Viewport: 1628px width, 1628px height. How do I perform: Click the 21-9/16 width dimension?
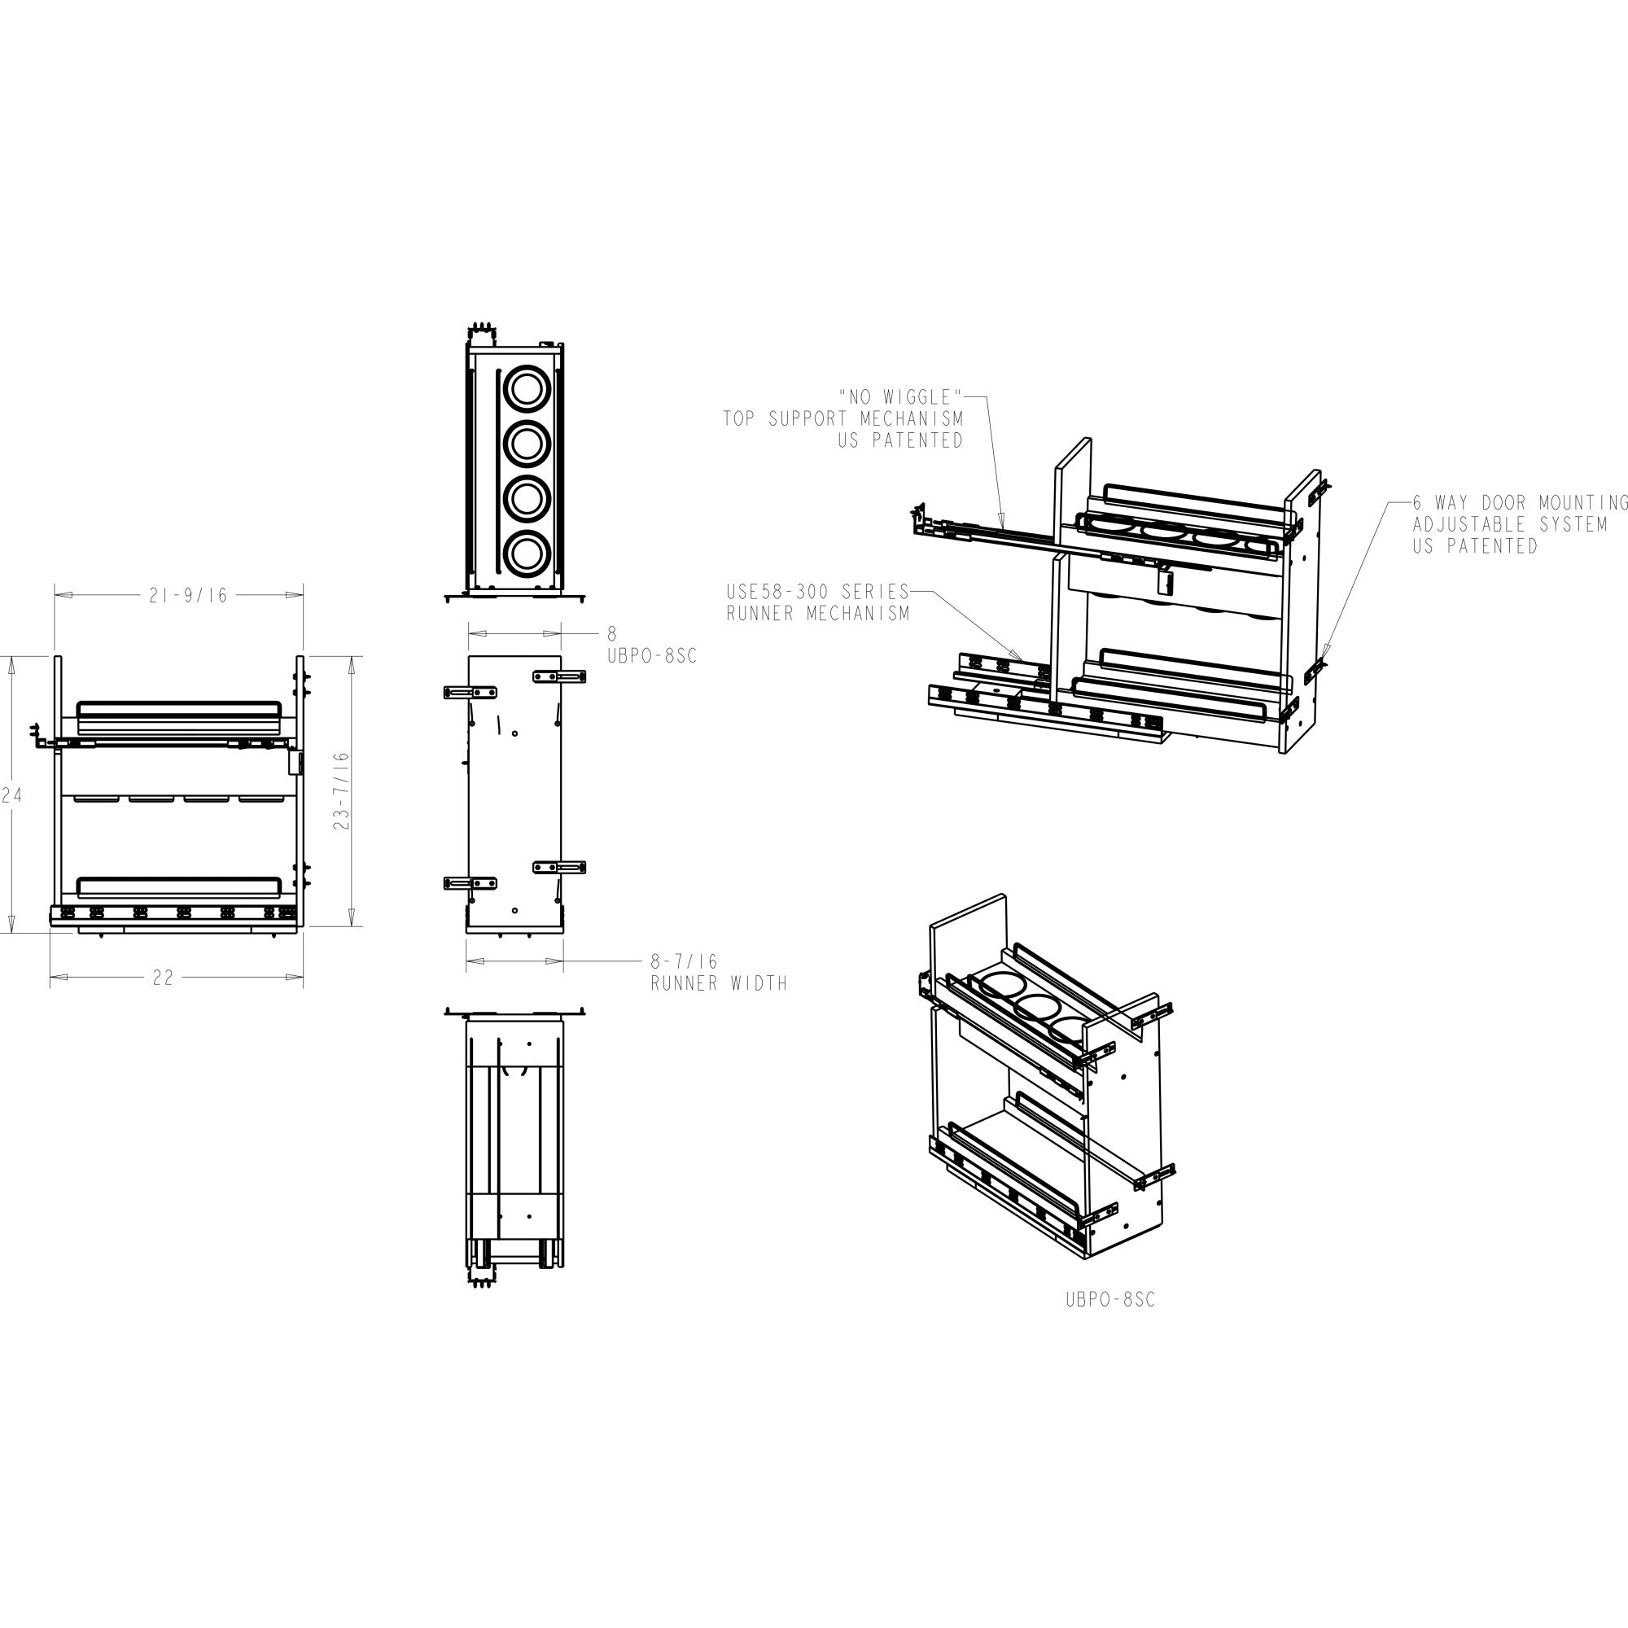pos(188,596)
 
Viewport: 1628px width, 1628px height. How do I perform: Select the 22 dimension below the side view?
pos(163,978)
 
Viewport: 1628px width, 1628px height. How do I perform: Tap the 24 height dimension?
pos(11,794)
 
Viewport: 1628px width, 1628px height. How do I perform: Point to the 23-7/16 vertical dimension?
pos(341,791)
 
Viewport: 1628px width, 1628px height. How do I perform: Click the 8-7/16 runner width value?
pos(684,961)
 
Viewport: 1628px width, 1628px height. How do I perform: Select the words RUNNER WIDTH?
pos(719,983)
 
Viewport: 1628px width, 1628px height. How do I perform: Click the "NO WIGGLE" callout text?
pos(901,397)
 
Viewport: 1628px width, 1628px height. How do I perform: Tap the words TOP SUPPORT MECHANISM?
pos(842,418)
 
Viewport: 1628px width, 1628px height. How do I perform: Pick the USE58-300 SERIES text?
pos(818,592)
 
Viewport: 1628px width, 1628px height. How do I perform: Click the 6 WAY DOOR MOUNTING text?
pos(1520,503)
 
